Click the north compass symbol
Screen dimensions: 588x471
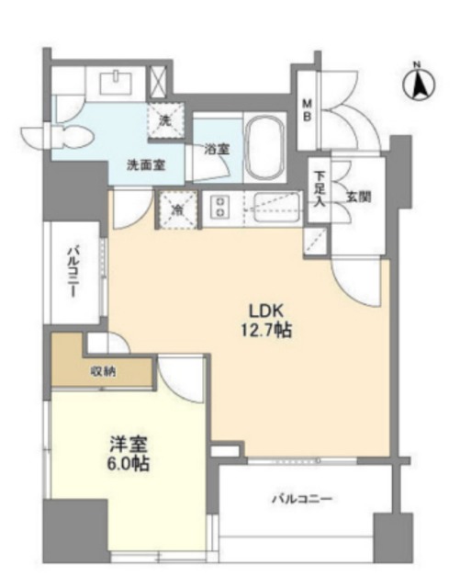(x=417, y=85)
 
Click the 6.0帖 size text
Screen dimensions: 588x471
(x=127, y=463)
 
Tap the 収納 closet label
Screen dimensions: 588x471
(x=103, y=371)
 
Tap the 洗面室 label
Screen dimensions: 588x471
(x=146, y=164)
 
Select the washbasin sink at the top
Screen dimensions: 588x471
(x=116, y=83)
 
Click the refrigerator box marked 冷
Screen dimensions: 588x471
(x=175, y=208)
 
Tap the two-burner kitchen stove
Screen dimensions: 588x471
(x=221, y=208)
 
